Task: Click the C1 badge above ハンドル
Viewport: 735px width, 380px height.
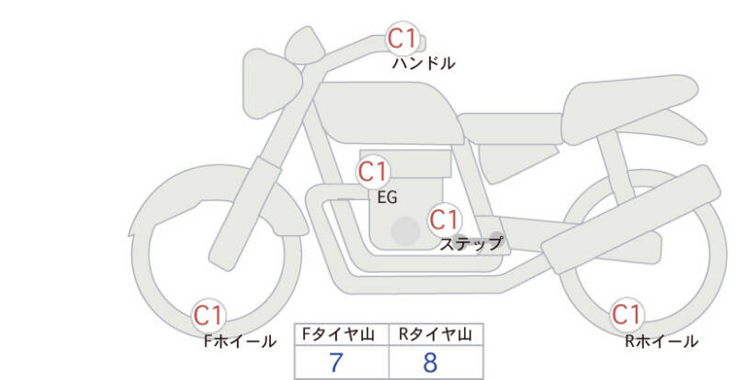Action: (402, 38)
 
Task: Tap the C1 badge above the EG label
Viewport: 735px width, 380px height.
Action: (373, 172)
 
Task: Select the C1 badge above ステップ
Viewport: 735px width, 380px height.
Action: (445, 219)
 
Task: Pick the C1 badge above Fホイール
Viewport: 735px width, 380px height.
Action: (209, 316)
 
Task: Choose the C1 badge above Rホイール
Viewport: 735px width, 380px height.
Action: (627, 315)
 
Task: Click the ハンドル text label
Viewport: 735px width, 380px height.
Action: (424, 63)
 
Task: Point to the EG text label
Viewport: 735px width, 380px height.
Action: (387, 197)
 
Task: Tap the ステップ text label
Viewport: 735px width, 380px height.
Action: (471, 243)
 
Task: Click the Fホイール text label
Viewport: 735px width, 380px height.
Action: (240, 341)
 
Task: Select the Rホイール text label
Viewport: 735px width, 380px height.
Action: (661, 341)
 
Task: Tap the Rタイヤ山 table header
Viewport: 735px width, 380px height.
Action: (435, 334)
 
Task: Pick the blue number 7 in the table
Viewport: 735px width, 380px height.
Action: (336, 363)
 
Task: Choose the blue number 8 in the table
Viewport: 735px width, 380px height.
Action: (430, 363)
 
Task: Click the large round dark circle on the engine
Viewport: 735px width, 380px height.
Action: (405, 230)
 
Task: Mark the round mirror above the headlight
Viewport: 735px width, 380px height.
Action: (305, 45)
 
